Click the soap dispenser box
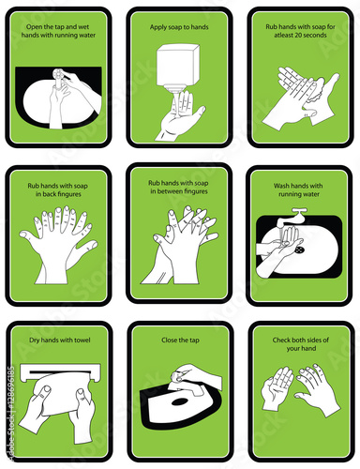click(x=177, y=66)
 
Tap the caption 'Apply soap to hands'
click(x=179, y=27)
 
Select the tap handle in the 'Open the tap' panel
click(x=58, y=75)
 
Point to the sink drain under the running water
click(x=300, y=250)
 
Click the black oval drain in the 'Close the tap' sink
click(x=179, y=401)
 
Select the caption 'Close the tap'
click(x=180, y=340)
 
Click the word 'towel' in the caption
click(x=82, y=340)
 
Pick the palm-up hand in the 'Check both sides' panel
click(x=277, y=387)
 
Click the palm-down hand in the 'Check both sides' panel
click(x=317, y=389)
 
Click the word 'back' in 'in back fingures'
click(x=49, y=194)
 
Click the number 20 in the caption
click(x=292, y=35)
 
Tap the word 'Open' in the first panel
click(x=34, y=27)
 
